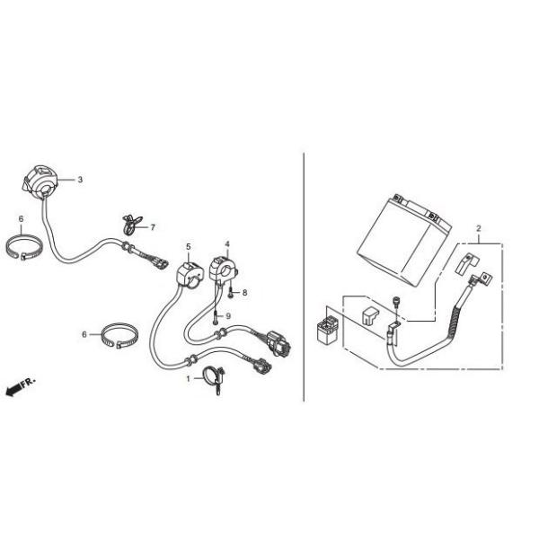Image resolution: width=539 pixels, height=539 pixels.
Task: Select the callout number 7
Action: coord(153,227)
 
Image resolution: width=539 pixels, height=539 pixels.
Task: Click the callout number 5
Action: coord(189,246)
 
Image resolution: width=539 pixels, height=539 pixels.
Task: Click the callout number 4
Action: coord(227,244)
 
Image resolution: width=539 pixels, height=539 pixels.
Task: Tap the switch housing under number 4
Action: coord(224,269)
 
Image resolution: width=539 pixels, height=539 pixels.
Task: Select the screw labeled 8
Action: coord(231,294)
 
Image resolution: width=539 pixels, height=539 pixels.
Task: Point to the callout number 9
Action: coord(228,316)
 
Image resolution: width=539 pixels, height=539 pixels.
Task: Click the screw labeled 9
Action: coord(216,317)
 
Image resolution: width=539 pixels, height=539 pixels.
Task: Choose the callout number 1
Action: coord(189,379)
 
